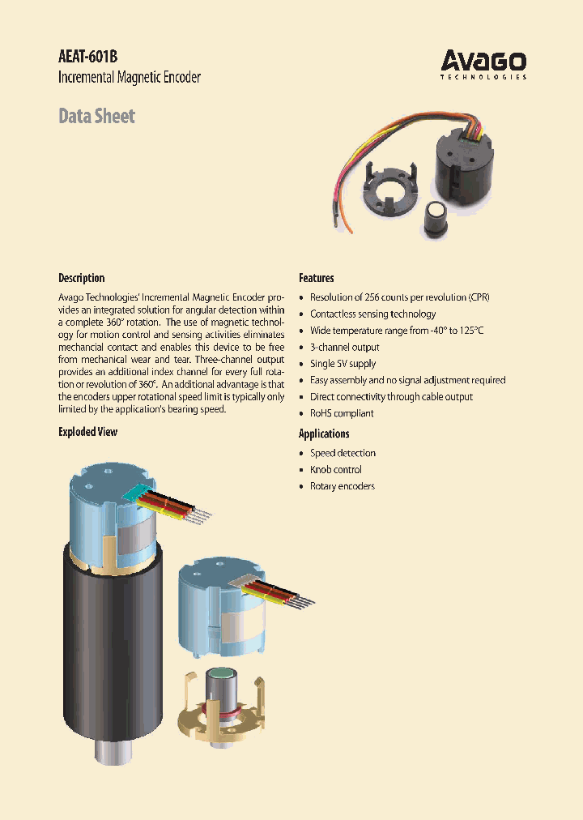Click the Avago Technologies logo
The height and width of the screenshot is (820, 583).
tap(483, 64)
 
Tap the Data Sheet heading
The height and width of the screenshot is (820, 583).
tap(96, 116)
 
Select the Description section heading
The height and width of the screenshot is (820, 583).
tap(81, 278)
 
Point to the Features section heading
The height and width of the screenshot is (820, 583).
tap(317, 278)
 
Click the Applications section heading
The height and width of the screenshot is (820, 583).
tap(324, 433)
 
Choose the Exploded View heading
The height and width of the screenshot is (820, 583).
tap(87, 432)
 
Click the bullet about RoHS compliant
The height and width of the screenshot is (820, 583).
tap(342, 413)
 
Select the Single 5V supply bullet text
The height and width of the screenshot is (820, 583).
tap(343, 364)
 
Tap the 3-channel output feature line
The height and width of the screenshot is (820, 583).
tap(344, 347)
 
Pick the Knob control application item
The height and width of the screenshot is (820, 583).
tap(335, 470)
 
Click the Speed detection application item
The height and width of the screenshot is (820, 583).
tap(343, 453)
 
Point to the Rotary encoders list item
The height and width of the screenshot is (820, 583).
tap(342, 486)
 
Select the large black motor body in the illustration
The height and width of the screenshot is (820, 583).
tap(113, 640)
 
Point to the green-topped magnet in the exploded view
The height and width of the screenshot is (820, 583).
tap(220, 677)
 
